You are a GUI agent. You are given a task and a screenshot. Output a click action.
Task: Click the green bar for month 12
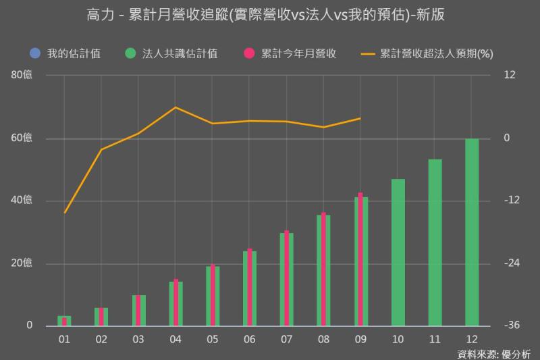pos(472,232)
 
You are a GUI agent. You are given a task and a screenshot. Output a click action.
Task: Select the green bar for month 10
pos(398,253)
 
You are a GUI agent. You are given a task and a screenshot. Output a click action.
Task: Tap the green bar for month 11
pos(435,242)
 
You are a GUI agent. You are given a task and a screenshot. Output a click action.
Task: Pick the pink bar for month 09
pos(360,259)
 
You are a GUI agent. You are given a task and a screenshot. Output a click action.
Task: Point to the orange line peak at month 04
pos(175,107)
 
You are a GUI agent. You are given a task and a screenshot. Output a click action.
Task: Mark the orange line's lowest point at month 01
pos(65,213)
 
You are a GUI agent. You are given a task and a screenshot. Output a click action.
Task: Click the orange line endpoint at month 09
pos(360,118)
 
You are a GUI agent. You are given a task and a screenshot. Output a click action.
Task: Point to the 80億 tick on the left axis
pos(22,76)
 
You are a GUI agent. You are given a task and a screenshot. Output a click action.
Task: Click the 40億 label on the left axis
pos(22,201)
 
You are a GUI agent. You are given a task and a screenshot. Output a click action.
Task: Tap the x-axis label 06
pos(249,339)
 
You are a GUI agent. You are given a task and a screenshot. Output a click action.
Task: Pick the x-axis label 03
pos(138,339)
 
